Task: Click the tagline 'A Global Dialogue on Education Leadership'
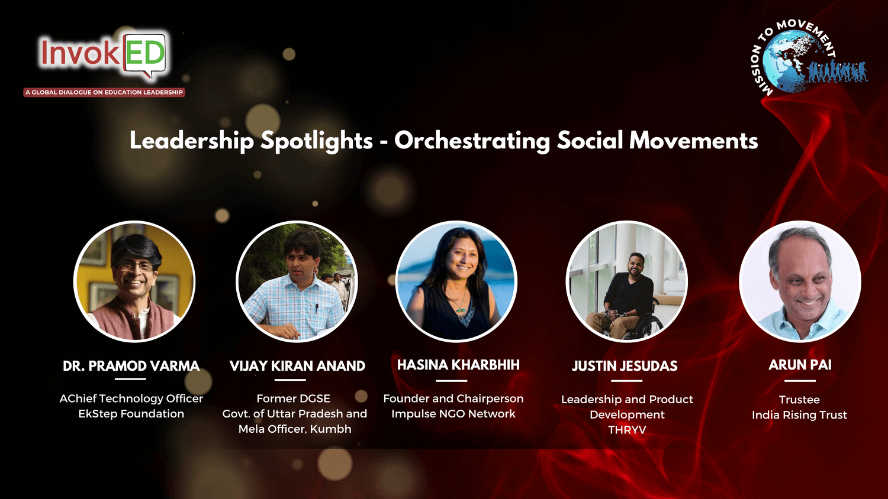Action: [104, 92]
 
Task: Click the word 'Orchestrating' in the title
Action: [472, 141]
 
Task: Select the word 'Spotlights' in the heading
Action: [316, 141]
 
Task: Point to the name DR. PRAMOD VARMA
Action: [131, 366]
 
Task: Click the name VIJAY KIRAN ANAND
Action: [297, 366]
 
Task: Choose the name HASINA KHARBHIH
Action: [458, 365]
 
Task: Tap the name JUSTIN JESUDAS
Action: [625, 366]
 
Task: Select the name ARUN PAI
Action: [800, 365]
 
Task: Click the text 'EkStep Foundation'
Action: [131, 414]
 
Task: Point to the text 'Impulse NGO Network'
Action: [453, 414]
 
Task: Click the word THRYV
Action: [627, 430]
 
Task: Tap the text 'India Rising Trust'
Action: [800, 415]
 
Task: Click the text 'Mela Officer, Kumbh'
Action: [295, 429]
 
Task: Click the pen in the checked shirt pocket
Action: [317, 307]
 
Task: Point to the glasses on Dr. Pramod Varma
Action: [137, 266]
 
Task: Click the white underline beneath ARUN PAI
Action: [800, 381]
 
